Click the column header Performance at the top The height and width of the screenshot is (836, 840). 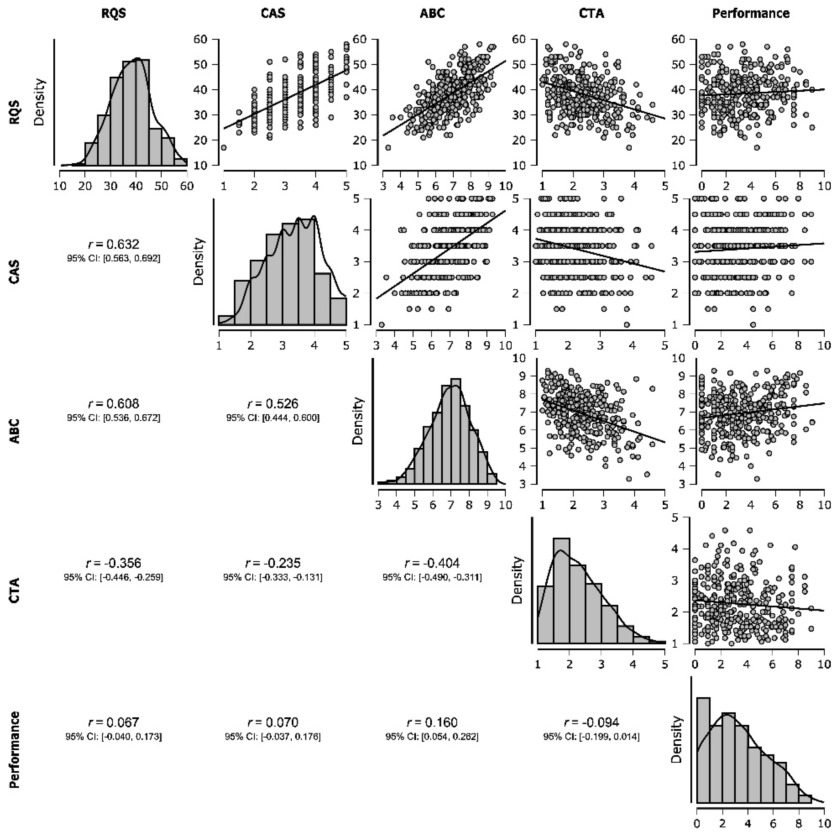click(750, 14)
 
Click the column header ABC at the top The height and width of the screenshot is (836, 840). click(432, 14)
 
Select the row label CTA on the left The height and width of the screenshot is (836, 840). click(15, 590)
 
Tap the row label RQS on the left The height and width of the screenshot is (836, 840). click(15, 113)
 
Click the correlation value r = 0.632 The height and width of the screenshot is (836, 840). click(114, 244)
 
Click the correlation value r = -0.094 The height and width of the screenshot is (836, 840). click(591, 722)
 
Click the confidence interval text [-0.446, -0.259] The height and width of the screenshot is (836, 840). click(114, 578)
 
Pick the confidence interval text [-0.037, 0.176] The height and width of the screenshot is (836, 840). click(273, 737)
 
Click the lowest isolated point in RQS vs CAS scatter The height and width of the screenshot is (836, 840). click(223, 147)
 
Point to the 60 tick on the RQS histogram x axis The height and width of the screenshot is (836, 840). click(187, 186)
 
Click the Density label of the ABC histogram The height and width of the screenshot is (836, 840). click(358, 420)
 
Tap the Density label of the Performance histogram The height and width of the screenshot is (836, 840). click(677, 739)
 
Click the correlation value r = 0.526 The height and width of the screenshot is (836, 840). click(273, 404)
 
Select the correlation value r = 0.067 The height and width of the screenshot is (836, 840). click(114, 722)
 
